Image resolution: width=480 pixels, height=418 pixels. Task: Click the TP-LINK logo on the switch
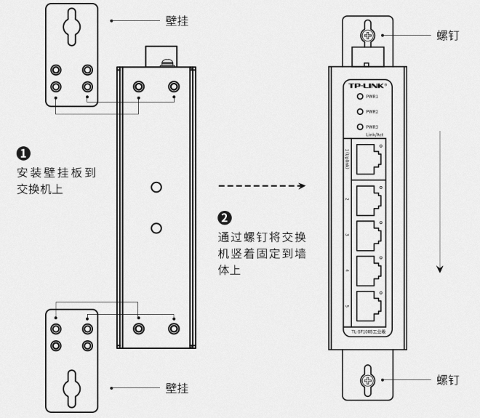(x=369, y=84)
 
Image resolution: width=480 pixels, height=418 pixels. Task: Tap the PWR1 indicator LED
(x=359, y=97)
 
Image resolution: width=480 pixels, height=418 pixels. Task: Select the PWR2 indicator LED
(x=359, y=111)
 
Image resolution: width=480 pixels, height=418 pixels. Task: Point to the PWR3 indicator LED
(x=359, y=126)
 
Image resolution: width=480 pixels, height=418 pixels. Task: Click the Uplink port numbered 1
(x=368, y=158)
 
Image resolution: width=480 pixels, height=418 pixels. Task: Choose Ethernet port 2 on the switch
(x=368, y=199)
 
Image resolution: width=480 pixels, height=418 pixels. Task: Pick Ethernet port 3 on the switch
(x=368, y=234)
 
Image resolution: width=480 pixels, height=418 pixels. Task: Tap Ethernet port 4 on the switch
(x=368, y=270)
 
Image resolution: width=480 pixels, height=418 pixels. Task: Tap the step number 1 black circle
(x=23, y=153)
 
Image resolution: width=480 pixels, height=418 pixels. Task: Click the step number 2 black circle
(x=225, y=218)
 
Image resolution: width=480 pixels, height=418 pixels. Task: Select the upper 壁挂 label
(x=177, y=21)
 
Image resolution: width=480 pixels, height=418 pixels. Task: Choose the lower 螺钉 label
(x=447, y=380)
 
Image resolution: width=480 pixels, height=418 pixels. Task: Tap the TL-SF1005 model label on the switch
(x=369, y=333)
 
